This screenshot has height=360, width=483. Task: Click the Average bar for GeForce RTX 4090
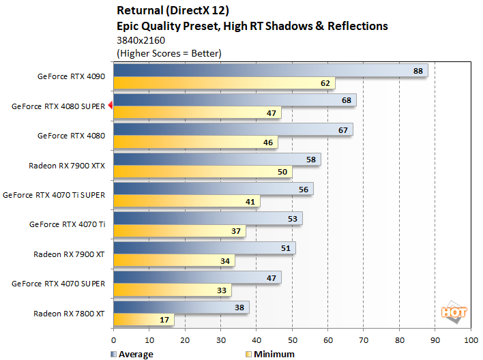pyautogui.click(x=270, y=71)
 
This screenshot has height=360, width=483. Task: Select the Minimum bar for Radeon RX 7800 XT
pyautogui.click(x=143, y=320)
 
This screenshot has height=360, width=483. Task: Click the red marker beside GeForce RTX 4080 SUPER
pyautogui.click(x=110, y=106)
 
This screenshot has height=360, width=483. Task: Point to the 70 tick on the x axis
pyautogui.click(x=363, y=339)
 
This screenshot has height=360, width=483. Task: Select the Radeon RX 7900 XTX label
pyautogui.click(x=67, y=165)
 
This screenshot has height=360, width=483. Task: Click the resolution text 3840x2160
pyautogui.click(x=141, y=40)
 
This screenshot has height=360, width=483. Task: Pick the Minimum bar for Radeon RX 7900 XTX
pyautogui.click(x=203, y=172)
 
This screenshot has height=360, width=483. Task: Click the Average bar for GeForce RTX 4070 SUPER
pyautogui.click(x=197, y=277)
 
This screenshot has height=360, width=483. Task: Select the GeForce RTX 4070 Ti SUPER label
pyautogui.click(x=54, y=194)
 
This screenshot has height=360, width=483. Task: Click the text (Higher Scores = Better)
pyautogui.click(x=169, y=52)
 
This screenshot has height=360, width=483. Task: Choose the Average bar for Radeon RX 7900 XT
pyautogui.click(x=204, y=247)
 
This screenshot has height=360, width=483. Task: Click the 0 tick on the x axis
pyautogui.click(x=113, y=339)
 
